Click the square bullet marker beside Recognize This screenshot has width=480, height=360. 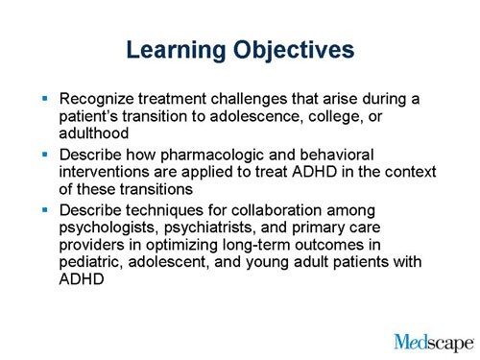click(x=43, y=98)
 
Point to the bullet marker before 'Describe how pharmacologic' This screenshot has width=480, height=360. click(x=43, y=154)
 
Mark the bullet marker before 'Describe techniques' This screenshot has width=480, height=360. click(x=43, y=209)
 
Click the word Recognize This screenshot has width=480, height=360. click(x=99, y=99)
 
